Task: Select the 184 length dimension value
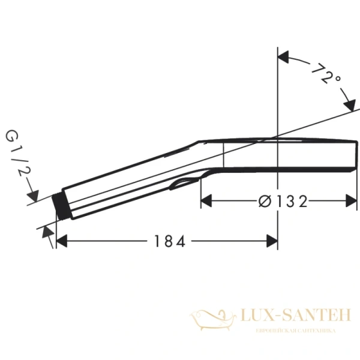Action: pos(169,241)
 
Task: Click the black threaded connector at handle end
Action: pos(60,206)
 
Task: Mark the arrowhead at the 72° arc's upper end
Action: pos(284,58)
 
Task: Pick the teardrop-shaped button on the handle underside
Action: pos(185,182)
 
